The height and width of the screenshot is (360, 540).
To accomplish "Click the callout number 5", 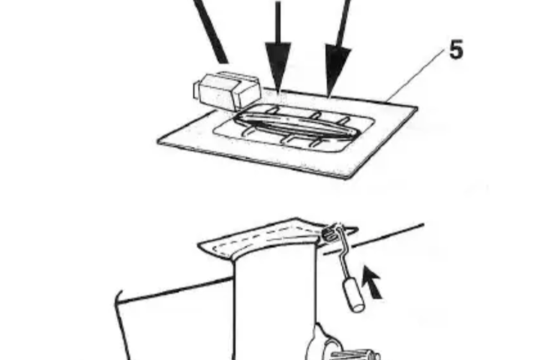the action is [x=456, y=49].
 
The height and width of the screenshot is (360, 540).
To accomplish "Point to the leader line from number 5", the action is [x=415, y=76].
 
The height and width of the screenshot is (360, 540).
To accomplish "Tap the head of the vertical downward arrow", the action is [x=278, y=67].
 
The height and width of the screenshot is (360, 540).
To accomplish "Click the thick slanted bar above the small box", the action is [x=210, y=31].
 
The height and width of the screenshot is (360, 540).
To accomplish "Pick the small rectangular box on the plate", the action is [x=226, y=91].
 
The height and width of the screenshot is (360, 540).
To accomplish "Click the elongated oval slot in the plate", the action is [x=295, y=126].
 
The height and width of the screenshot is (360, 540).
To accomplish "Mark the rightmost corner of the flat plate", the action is [x=418, y=109].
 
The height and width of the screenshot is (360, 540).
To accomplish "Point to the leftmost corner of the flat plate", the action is [x=158, y=140].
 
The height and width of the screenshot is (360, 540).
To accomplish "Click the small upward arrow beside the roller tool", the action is [x=373, y=282].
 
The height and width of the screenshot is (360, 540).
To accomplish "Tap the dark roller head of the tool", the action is [x=329, y=233].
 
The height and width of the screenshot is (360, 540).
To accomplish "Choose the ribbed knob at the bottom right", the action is [x=355, y=355].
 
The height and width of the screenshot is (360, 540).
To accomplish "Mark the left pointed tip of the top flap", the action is [x=198, y=245].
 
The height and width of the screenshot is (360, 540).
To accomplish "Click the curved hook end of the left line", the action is [x=118, y=298].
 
